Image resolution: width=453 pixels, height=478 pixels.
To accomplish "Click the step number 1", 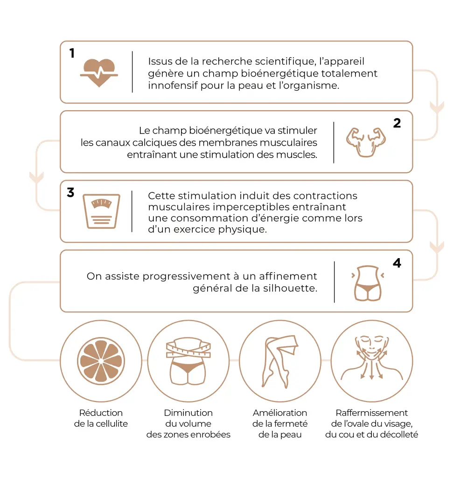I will tap(72, 53).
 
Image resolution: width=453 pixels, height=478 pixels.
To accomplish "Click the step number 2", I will tap(397, 123).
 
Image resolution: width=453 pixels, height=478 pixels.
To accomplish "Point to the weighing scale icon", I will tap(101, 211).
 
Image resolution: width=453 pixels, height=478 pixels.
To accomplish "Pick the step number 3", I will tap(71, 193).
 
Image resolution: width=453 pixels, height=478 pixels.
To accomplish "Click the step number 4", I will tap(397, 263).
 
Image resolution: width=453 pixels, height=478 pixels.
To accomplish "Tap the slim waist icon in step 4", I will tap(367, 282).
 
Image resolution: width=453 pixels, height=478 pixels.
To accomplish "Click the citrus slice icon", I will tap(101, 361).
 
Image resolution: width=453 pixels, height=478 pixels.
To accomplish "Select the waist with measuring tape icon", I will tap(188, 361).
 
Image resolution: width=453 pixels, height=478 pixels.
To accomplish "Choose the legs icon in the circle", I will tap(279, 361).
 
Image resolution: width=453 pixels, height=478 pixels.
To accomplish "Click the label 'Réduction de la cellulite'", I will tap(101, 418).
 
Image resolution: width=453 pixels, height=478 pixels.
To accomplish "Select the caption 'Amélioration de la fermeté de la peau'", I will tap(280, 424).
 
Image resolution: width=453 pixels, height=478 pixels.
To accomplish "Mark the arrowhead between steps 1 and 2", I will tap(437, 107).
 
